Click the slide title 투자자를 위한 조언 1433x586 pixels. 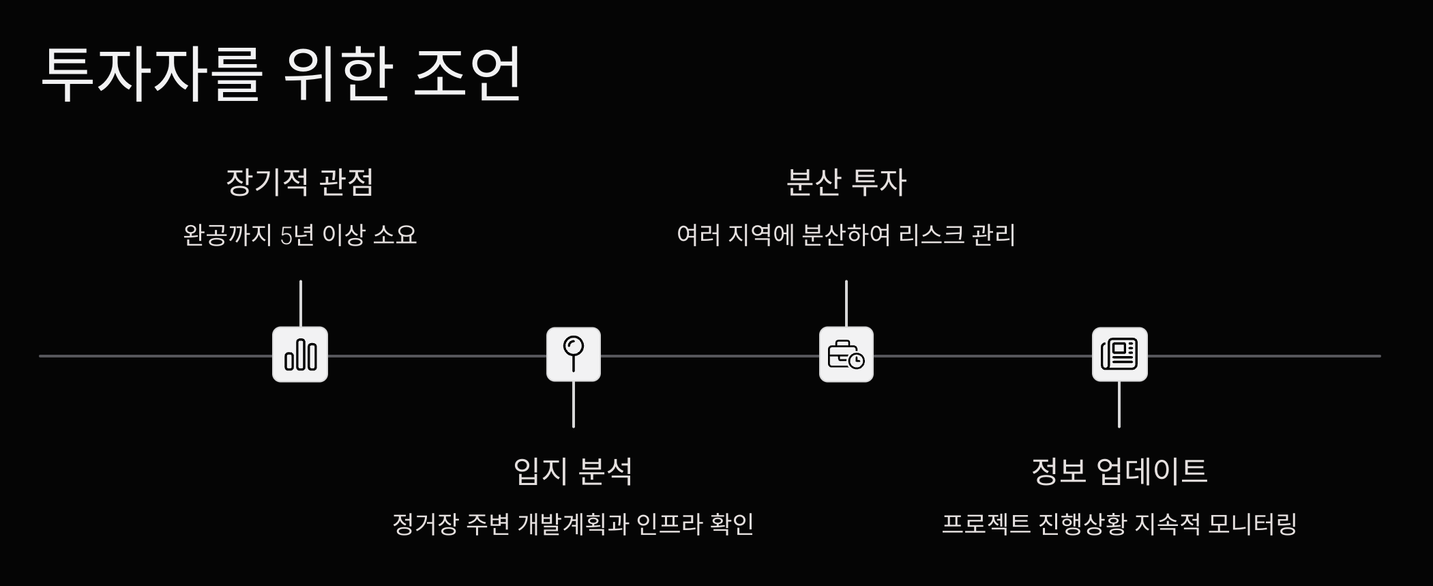click(x=281, y=74)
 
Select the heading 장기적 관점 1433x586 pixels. click(x=299, y=182)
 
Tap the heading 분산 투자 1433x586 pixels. click(x=846, y=182)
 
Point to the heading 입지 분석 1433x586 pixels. click(x=573, y=471)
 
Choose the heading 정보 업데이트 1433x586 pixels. click(x=1119, y=471)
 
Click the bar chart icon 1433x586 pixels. click(x=300, y=355)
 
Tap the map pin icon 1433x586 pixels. click(x=574, y=354)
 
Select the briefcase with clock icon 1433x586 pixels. click(x=846, y=355)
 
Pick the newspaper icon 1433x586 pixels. click(x=1119, y=354)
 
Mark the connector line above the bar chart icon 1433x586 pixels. click(x=300, y=304)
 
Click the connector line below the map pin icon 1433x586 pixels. click(x=574, y=405)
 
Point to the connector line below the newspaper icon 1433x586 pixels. click(x=1119, y=405)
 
